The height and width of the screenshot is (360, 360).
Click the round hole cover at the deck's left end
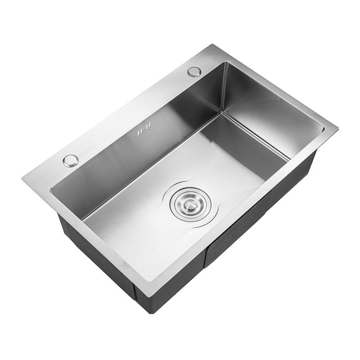[x=70, y=160]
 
